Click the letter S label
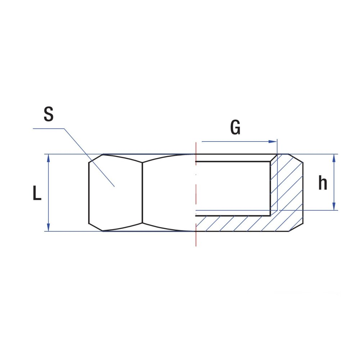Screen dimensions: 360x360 [49, 114]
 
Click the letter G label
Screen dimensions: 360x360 [235, 127]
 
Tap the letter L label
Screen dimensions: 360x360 [37, 193]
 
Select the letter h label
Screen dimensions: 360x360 [323, 183]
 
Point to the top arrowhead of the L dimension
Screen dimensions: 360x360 [49, 158]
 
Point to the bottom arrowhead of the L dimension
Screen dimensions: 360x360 [49, 227]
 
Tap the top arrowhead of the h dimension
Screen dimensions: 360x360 [334, 158]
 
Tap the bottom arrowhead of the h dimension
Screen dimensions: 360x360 [334, 206]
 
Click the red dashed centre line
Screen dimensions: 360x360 [196, 194]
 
